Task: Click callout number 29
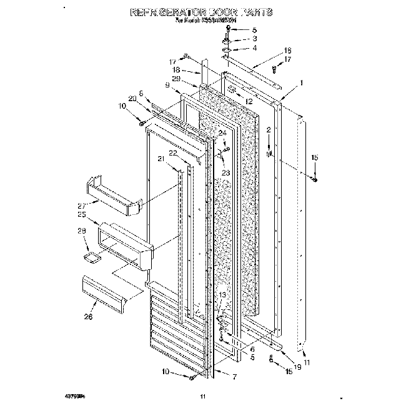click(194, 79)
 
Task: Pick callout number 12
click(249, 101)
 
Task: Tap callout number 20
click(132, 99)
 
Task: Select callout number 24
click(222, 132)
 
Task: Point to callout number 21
click(161, 159)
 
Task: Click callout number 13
click(222, 294)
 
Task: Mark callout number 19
click(297, 368)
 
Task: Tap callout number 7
click(234, 378)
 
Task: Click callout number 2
click(269, 129)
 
